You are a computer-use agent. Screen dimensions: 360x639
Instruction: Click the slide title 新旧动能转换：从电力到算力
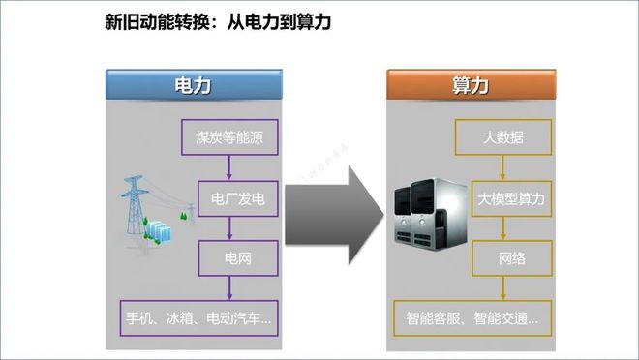click(218, 21)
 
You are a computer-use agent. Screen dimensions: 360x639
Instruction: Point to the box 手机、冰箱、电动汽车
click(198, 315)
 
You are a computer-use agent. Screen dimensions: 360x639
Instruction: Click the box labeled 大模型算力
click(512, 199)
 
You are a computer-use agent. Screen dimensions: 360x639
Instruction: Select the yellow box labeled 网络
click(510, 258)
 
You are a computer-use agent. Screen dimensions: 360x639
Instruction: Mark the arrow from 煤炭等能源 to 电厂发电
click(228, 168)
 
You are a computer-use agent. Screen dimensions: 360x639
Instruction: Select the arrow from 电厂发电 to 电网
click(228, 229)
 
